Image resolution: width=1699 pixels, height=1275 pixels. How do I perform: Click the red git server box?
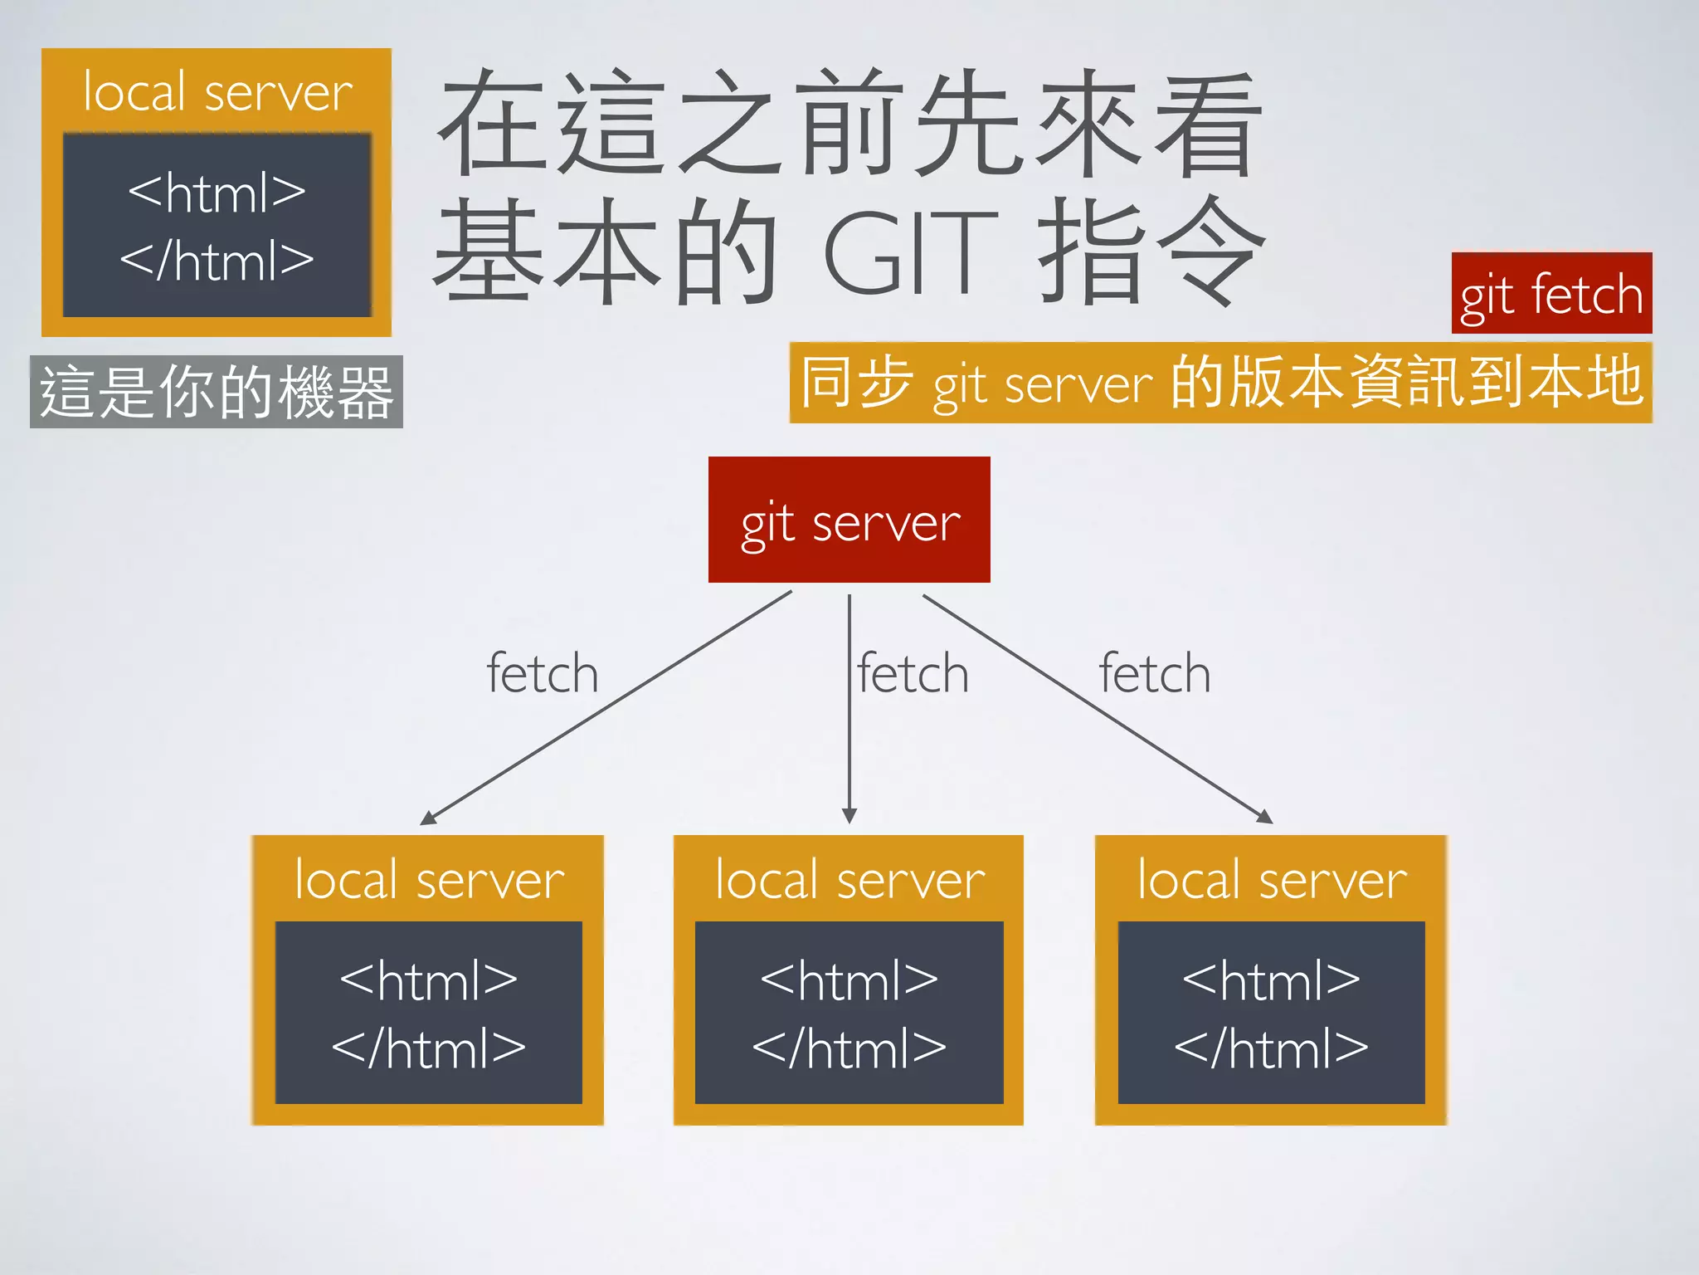point(849,520)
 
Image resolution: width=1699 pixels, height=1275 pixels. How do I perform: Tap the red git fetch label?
point(1551,294)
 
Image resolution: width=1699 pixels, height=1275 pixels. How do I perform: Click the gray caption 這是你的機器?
point(216,392)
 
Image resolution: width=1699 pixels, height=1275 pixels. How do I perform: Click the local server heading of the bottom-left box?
point(429,879)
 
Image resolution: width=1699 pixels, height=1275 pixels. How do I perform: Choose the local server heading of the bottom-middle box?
point(849,879)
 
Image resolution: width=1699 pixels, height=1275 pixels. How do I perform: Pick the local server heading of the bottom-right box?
point(1272,879)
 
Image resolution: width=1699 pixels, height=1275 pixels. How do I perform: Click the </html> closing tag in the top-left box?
point(217,261)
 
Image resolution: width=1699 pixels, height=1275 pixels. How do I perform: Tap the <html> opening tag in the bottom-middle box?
point(849,981)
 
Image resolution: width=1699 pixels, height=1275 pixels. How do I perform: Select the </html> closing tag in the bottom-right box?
point(1272,1048)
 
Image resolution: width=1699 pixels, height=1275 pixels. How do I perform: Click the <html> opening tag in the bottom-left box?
point(429,981)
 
